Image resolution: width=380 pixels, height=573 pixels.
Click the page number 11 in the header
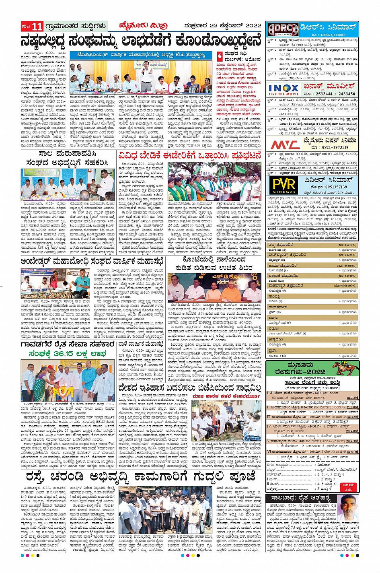(x=37, y=27)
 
